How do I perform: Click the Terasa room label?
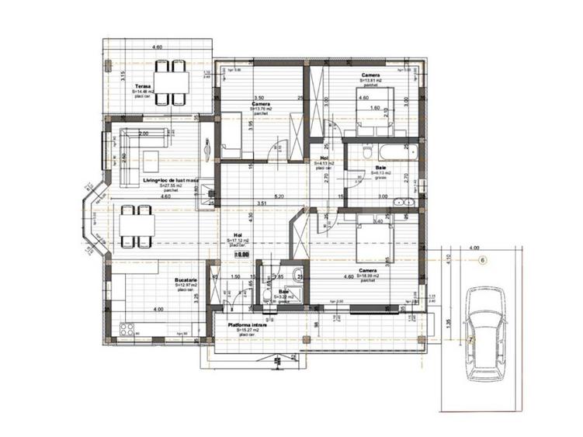[x=142, y=86]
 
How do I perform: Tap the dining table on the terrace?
[x=171, y=78]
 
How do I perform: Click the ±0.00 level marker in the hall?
[x=242, y=253]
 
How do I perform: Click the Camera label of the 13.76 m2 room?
[x=261, y=103]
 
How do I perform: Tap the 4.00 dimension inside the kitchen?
[x=158, y=310]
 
